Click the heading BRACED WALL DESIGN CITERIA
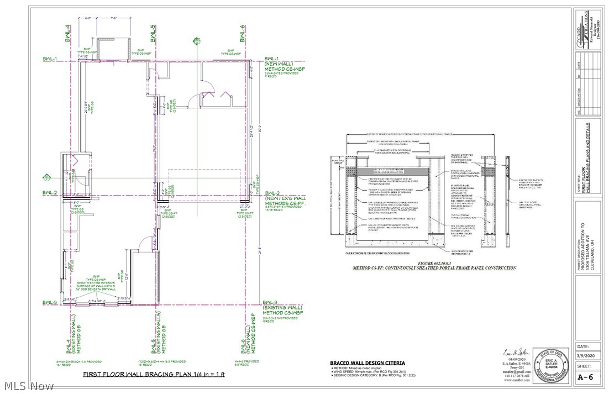367,363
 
